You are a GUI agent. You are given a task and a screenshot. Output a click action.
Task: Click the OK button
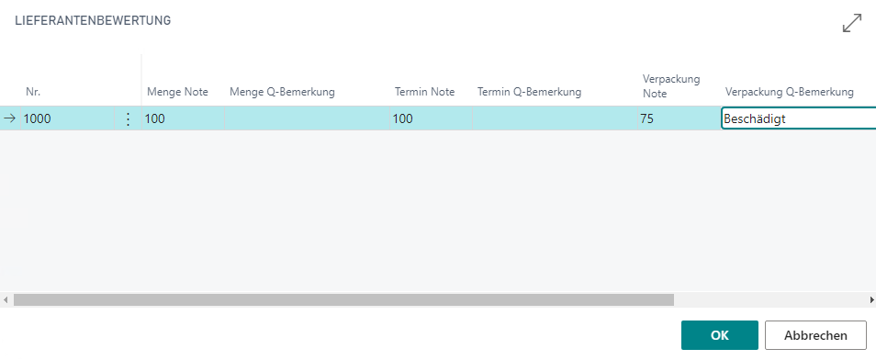[720, 335]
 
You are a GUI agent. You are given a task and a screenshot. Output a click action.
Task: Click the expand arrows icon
[852, 23]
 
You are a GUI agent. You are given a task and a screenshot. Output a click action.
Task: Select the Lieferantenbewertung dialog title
[93, 21]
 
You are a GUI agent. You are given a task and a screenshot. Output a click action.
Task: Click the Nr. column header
[33, 92]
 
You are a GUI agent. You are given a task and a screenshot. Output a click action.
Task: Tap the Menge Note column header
[177, 92]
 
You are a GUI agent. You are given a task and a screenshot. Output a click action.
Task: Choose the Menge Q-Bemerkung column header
[282, 92]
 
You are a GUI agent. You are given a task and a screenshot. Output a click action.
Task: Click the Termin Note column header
[424, 92]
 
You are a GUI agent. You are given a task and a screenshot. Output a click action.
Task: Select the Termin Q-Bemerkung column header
[529, 92]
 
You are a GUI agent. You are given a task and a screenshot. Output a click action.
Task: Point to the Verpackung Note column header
[671, 86]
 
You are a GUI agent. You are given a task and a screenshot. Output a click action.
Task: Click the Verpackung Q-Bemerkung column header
[790, 92]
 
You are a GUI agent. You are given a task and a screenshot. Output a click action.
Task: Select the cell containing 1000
[68, 118]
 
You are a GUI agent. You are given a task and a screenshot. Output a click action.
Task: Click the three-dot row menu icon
[128, 118]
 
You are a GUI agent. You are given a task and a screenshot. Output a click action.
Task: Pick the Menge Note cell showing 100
[183, 118]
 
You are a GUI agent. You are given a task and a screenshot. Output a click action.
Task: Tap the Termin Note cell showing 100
[431, 118]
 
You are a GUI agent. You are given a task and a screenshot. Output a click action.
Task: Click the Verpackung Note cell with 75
[679, 118]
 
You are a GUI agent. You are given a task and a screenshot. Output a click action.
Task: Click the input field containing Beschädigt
[799, 118]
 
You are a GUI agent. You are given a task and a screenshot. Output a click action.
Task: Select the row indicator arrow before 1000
[10, 118]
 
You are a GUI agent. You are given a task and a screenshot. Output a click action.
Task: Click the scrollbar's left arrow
[6, 300]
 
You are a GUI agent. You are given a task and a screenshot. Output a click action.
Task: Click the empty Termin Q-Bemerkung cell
[555, 118]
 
